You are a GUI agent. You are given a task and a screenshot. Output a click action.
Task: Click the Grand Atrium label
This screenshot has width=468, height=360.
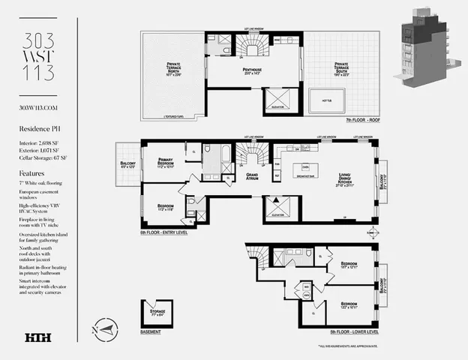(x=253, y=177)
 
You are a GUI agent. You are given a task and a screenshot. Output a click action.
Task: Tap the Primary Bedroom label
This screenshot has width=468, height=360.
(x=166, y=166)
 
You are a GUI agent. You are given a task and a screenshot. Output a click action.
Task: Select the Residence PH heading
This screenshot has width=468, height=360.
(x=39, y=129)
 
